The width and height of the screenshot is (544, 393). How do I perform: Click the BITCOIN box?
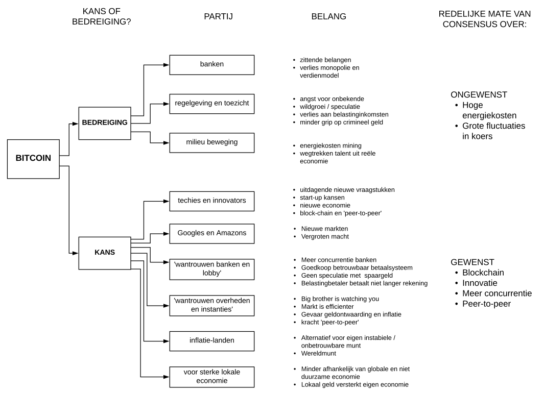tap(33, 159)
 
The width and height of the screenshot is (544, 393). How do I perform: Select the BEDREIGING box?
tap(105, 124)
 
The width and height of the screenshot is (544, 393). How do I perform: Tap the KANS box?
tap(105, 253)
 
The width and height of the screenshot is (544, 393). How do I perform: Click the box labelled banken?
tap(212, 65)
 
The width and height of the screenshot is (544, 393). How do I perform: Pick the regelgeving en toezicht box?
tap(212, 104)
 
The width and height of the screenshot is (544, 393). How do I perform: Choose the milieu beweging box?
tap(212, 143)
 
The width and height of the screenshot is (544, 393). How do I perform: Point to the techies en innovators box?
tap(212, 202)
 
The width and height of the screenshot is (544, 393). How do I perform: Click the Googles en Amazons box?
tap(212, 234)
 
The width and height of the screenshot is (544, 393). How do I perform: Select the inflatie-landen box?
tap(212, 341)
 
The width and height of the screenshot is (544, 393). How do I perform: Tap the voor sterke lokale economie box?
tap(212, 377)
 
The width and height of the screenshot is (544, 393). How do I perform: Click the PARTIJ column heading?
tap(218, 16)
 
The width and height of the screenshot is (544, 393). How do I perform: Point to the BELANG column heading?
tap(329, 16)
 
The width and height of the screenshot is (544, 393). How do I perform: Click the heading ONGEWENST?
tap(479, 94)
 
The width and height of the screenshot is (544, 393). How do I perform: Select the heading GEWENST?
tap(472, 262)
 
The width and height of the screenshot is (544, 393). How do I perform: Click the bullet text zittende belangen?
tap(325, 60)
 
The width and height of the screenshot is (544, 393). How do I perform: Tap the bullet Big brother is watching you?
tap(340, 299)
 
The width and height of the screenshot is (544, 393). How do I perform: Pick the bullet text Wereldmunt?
tap(319, 354)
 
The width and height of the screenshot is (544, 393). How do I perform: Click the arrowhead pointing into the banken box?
tap(167, 65)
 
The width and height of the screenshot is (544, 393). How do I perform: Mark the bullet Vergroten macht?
tap(325, 237)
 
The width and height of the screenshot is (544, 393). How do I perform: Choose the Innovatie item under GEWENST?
tap(480, 283)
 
